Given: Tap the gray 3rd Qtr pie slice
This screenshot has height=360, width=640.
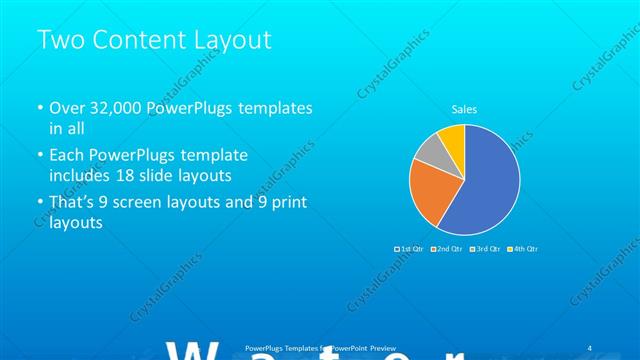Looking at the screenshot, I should (428, 151).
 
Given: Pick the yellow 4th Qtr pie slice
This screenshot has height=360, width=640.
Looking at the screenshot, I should (452, 138).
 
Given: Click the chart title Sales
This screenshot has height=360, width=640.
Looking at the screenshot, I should (464, 108).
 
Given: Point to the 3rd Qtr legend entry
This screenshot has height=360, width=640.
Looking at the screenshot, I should (486, 248).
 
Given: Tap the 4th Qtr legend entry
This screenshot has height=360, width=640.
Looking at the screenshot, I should (523, 248).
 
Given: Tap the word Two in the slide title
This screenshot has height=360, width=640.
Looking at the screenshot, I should (58, 40).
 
